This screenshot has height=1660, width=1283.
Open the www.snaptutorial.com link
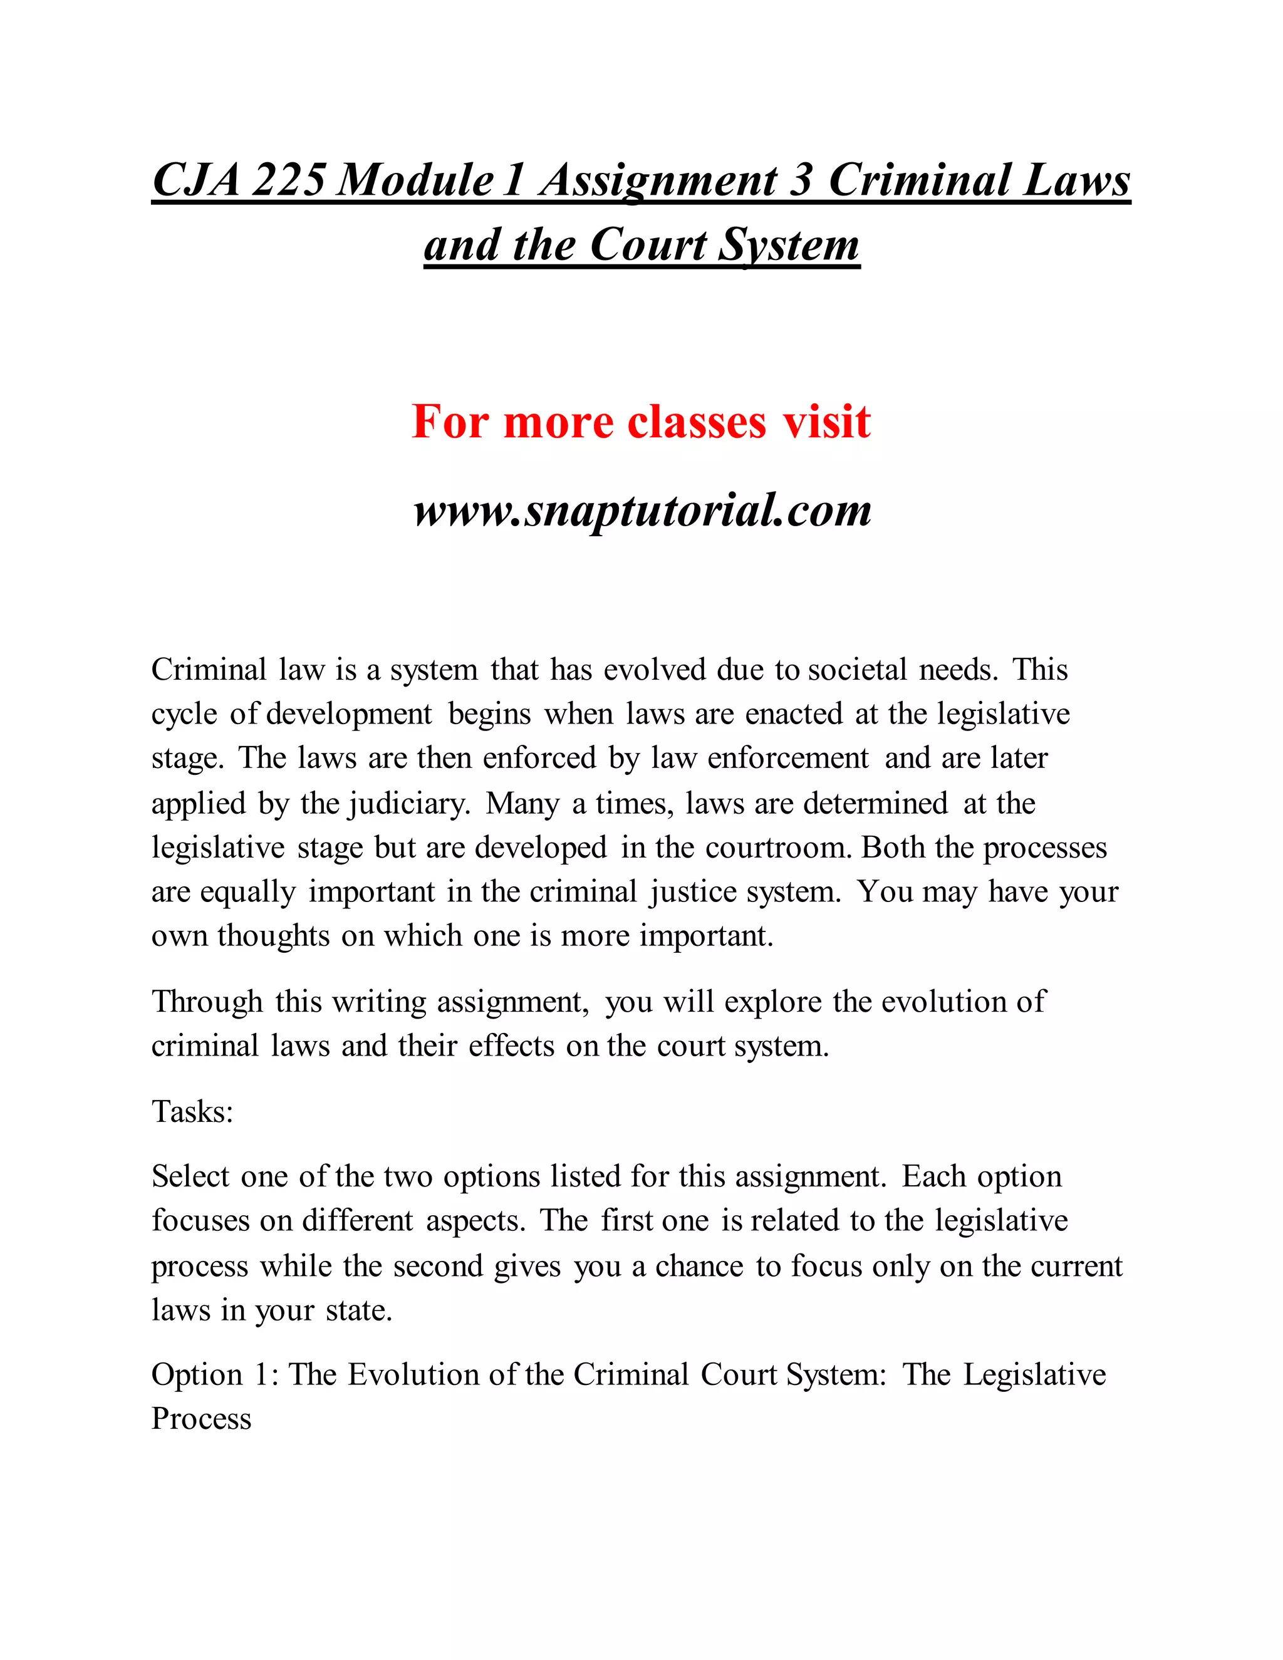click(x=642, y=510)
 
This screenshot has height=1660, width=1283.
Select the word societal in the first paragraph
click(x=858, y=670)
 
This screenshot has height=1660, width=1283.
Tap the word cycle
click(x=184, y=715)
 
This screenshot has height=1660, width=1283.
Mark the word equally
click(x=248, y=892)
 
